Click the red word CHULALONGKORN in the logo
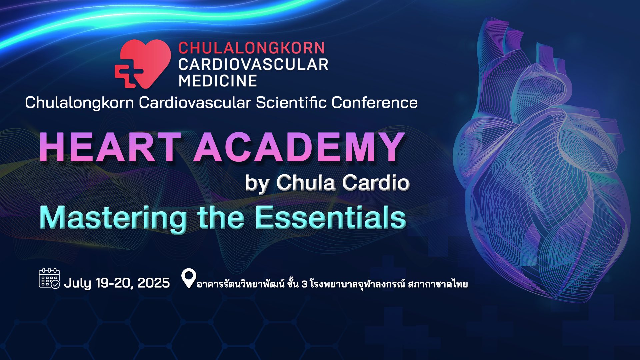point(252,48)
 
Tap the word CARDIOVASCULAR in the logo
point(253,64)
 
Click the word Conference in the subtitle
point(374,102)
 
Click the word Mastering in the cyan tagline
point(113,218)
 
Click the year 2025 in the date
point(154,283)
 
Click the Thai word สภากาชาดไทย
point(438,284)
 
